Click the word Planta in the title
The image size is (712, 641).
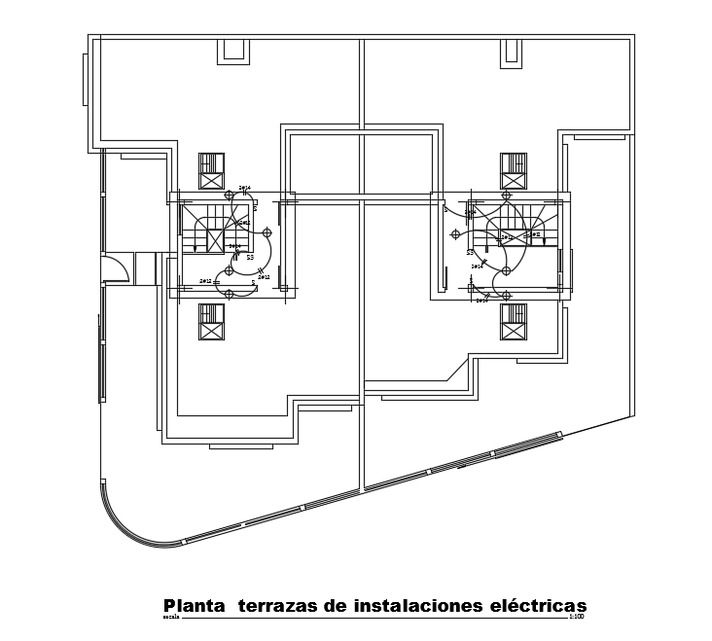point(193,606)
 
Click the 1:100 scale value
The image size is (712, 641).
point(576,617)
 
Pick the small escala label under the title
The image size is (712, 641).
point(171,617)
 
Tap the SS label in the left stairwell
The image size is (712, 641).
point(250,258)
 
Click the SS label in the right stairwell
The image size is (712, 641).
point(470,253)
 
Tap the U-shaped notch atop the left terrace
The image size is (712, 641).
point(233,52)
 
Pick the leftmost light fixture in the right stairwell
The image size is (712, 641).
point(455,234)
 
